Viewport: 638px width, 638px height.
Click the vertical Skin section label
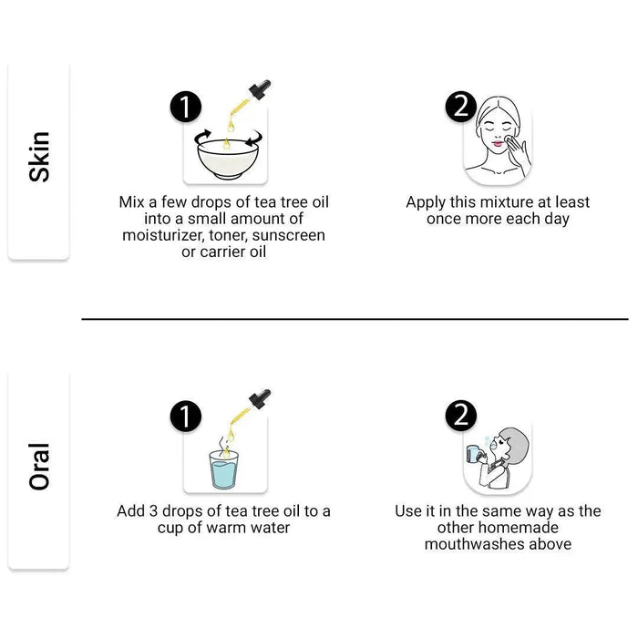[39, 157]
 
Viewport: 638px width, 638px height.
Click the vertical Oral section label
[39, 467]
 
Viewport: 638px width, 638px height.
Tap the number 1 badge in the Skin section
[186, 107]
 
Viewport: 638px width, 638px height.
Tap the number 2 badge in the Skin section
[461, 107]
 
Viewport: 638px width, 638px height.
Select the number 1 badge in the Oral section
[186, 416]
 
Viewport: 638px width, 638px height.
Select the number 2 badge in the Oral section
[461, 415]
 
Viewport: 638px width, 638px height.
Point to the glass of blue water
[224, 469]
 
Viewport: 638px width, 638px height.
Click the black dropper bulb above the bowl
[260, 89]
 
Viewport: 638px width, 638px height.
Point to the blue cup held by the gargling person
[473, 453]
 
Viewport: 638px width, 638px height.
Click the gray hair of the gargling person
[515, 445]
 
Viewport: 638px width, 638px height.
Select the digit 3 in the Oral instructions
[153, 511]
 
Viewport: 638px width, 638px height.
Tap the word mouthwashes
[473, 544]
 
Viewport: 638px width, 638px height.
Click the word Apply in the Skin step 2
[426, 202]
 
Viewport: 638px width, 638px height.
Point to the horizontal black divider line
[355, 319]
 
